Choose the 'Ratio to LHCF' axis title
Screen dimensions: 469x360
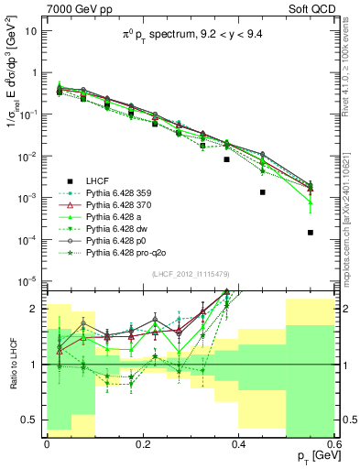coord(12,364)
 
